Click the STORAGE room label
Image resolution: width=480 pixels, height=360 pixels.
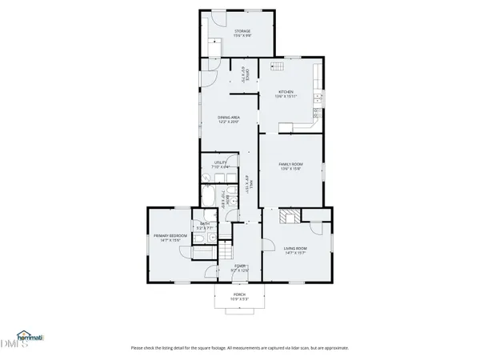tap(242, 31)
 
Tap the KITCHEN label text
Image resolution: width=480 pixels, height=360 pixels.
tap(286, 92)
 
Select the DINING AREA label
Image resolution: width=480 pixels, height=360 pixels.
tap(230, 117)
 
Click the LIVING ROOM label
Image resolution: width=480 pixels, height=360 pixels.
tap(295, 248)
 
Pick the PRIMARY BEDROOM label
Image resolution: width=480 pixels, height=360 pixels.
tap(170, 235)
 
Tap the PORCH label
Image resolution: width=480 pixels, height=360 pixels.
tap(238, 294)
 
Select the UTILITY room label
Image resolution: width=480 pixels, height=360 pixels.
tap(220, 162)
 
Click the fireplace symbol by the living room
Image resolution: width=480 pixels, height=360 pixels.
tap(288, 216)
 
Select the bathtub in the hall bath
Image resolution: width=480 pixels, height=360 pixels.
tap(210, 198)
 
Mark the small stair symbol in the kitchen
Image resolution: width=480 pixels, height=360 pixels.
tap(278, 68)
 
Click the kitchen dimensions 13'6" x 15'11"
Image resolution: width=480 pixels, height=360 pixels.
tap(286, 97)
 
